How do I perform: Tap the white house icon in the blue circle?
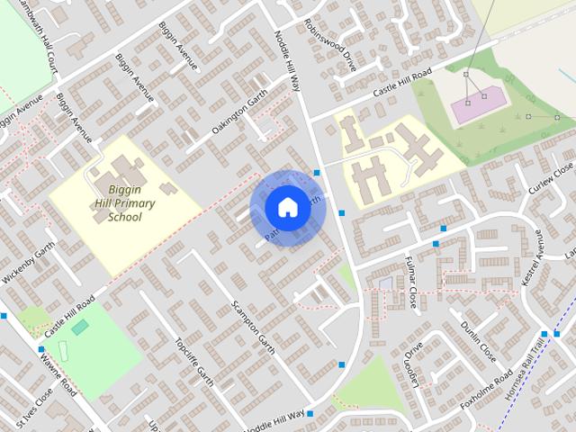287,207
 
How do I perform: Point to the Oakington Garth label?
239,118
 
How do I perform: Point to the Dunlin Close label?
478,341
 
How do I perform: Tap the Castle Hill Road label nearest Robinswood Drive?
398,84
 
